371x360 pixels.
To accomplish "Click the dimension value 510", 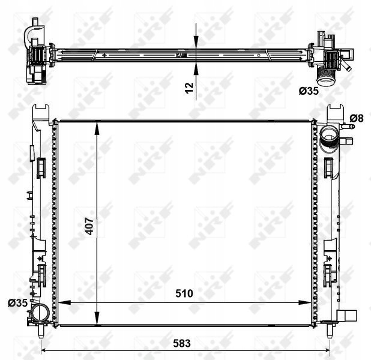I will coord(184,293).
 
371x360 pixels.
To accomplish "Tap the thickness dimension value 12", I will coord(189,87).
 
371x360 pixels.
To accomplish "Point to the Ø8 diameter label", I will coord(357,118).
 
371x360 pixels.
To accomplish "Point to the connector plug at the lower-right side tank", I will coord(351,316).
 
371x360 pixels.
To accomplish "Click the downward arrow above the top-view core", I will coord(196,38).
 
